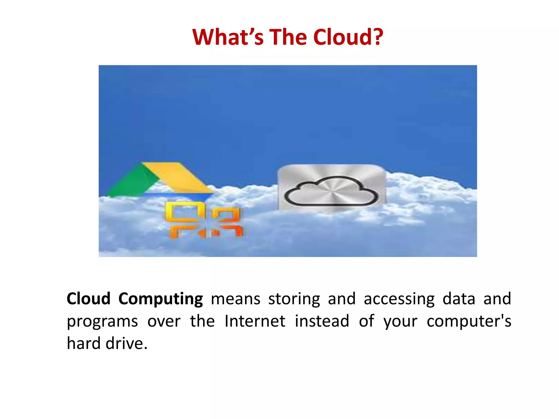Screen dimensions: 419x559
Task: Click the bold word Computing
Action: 160,299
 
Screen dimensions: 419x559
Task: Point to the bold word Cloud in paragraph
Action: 88,299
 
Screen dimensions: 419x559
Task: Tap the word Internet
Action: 255,321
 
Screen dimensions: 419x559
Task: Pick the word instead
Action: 322,321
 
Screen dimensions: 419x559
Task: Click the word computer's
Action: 469,322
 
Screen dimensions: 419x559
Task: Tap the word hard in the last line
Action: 84,343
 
